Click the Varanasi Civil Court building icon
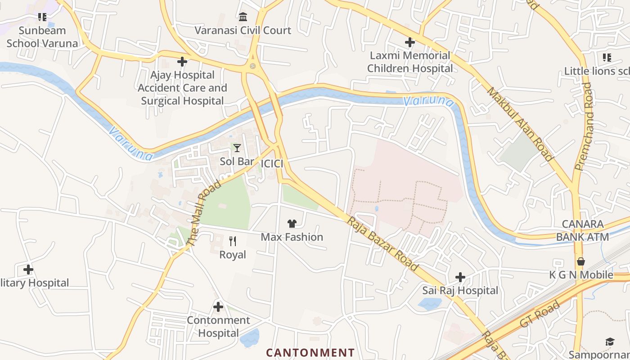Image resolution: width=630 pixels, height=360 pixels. point(243,17)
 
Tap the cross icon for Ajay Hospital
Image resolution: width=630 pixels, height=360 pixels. point(182,62)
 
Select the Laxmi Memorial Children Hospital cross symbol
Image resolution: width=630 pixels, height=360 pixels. point(409,42)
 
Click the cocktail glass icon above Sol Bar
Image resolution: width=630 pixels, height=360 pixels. point(237,148)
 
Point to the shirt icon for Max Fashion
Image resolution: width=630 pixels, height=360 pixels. point(292,224)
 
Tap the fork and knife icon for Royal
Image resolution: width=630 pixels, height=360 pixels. point(233,241)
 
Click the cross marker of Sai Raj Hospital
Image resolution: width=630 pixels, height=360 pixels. point(460,277)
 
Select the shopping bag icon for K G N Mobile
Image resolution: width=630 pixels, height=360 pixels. point(581,261)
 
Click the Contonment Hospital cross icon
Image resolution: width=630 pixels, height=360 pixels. point(218,307)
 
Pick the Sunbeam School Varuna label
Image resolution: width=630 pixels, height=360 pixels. point(42,37)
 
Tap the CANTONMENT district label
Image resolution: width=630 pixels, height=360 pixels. point(310,352)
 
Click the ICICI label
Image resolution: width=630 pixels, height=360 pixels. point(272,163)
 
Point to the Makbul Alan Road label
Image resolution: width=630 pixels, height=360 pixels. point(520,124)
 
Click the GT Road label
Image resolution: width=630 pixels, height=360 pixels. point(540,314)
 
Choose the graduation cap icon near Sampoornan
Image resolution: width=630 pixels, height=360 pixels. point(610,342)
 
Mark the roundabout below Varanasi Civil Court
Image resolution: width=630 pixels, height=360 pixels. point(252,66)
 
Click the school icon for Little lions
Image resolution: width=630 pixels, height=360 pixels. point(607,58)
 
